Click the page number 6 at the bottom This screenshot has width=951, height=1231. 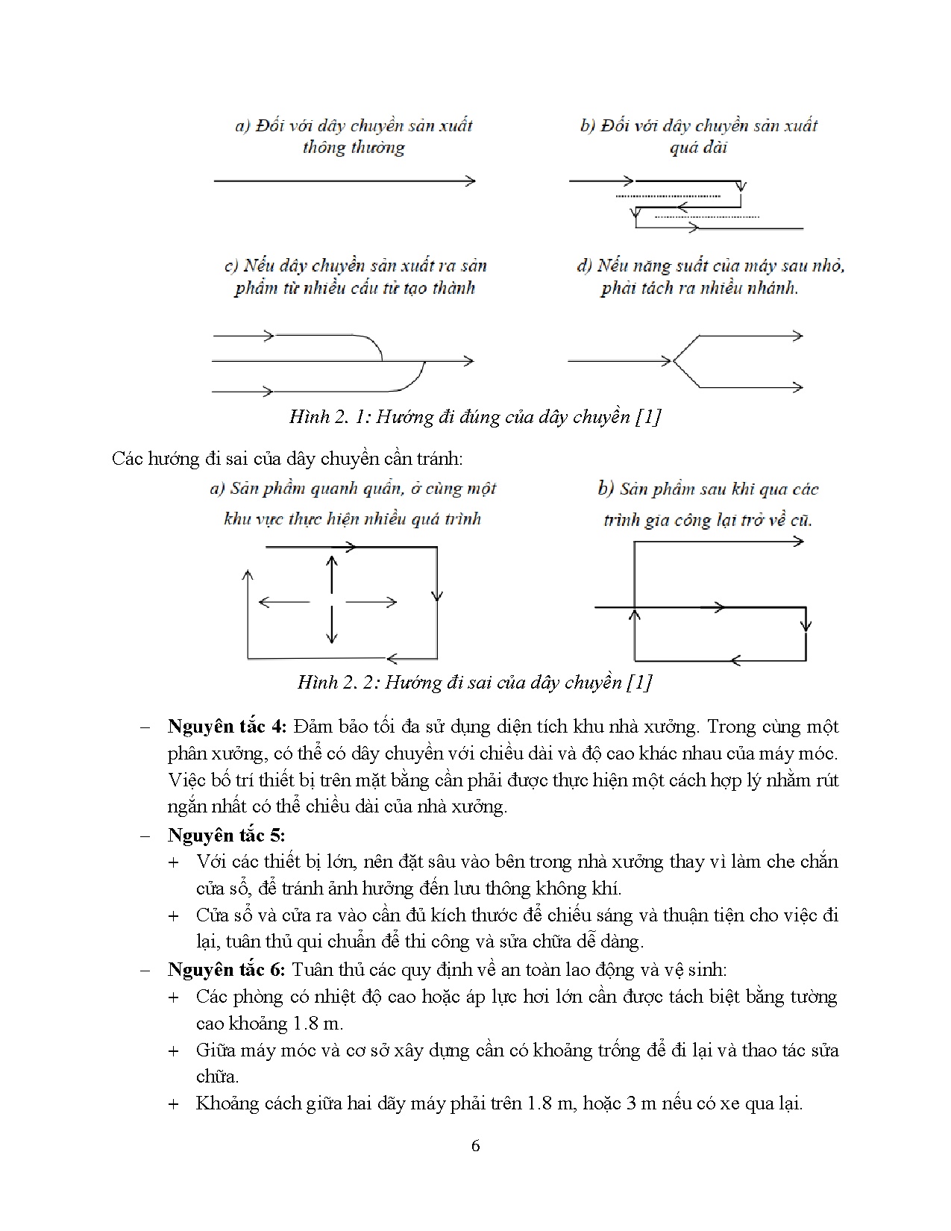click(x=476, y=1146)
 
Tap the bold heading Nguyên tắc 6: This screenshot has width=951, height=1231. click(x=226, y=969)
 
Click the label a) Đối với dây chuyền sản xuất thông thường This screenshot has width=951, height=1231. click(x=354, y=136)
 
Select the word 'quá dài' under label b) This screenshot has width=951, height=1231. click(x=698, y=147)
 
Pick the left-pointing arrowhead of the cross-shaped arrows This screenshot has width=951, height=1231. click(x=263, y=601)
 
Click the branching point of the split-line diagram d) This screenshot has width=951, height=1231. click(x=674, y=361)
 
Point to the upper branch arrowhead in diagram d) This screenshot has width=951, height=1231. click(x=798, y=336)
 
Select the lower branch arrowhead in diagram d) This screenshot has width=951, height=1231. click(x=798, y=386)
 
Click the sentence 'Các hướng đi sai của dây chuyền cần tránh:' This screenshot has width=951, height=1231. click(x=287, y=458)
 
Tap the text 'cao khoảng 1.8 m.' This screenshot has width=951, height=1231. click(x=269, y=1023)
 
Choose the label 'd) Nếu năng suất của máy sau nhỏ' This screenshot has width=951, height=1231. click(x=710, y=266)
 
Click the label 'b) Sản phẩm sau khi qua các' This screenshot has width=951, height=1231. click(x=708, y=489)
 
